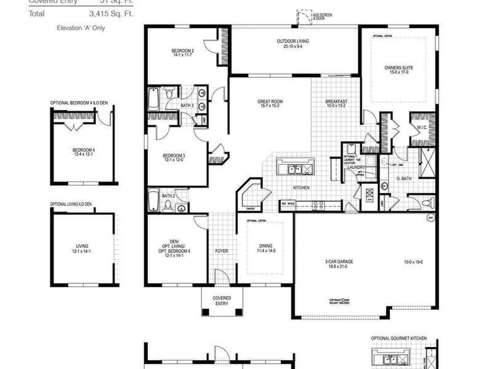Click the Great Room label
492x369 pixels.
click(270, 101)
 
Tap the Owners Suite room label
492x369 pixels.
click(398, 68)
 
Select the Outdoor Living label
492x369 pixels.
click(293, 41)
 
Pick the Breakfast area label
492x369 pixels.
click(336, 101)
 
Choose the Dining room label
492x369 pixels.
click(265, 246)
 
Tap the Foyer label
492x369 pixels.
click(221, 251)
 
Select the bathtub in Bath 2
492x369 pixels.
click(153, 200)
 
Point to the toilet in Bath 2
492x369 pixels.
click(168, 206)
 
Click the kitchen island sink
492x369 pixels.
click(295, 169)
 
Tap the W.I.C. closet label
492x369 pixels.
click(421, 127)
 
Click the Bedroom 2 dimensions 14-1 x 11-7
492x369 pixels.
click(183, 55)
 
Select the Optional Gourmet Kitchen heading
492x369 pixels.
click(398, 338)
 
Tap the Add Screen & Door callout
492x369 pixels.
click(321, 17)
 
